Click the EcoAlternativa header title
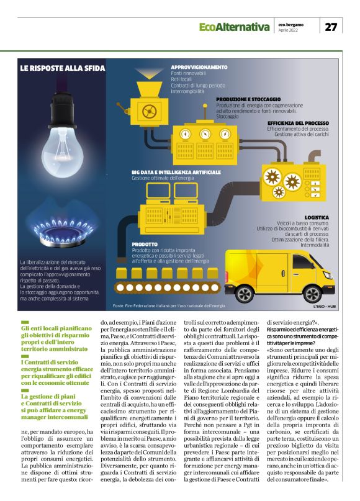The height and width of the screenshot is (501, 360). pos(234,27)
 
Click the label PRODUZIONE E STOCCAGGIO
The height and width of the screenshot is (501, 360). pos(248,99)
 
